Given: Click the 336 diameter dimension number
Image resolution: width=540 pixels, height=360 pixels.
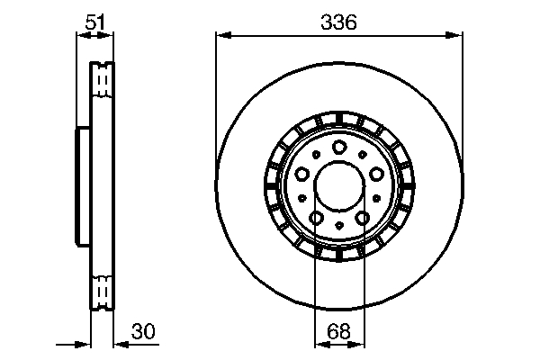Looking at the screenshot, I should [x=338, y=23].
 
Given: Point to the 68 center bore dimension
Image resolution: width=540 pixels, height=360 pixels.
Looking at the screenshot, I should [x=338, y=331].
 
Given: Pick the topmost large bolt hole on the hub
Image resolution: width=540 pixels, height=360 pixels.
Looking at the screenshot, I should [x=338, y=148].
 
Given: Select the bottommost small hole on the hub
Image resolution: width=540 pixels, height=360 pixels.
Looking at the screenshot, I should [x=338, y=225].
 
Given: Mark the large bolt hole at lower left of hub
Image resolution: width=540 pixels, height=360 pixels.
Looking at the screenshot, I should [x=316, y=217].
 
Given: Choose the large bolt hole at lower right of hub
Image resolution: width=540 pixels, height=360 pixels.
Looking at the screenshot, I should [x=361, y=217].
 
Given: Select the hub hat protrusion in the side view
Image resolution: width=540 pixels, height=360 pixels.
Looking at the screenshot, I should [x=79, y=186].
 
